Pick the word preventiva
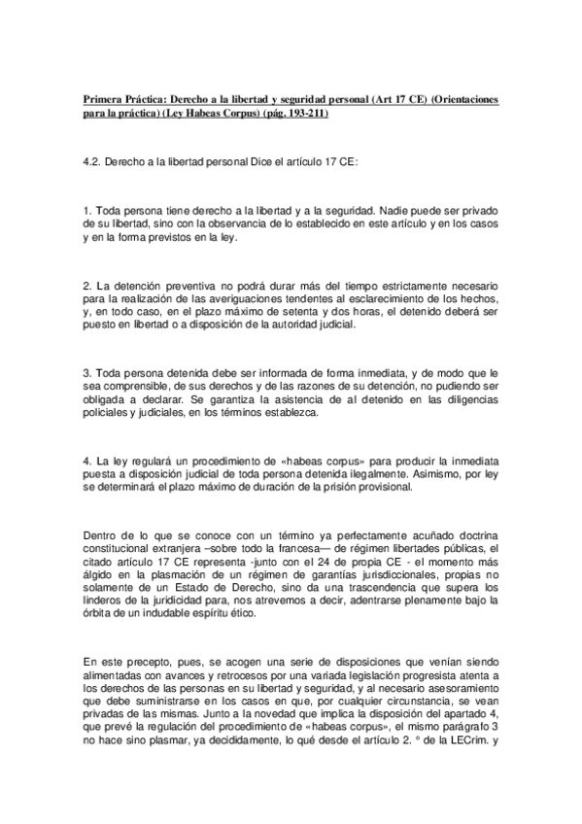[x=205, y=284]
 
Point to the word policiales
[x=111, y=414]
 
